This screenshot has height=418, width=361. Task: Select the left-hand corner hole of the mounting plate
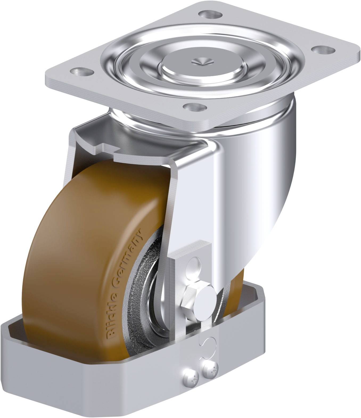tap(80, 71)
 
